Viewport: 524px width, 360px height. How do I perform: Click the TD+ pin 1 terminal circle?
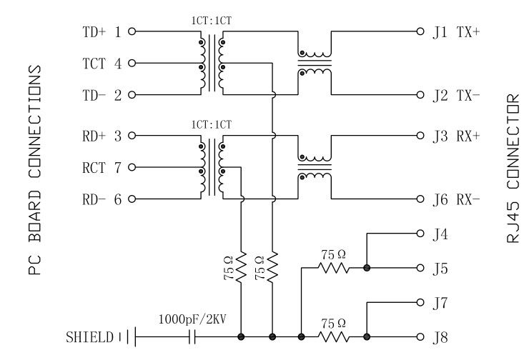[x=131, y=31]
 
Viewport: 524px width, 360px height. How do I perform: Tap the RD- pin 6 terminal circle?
[x=131, y=199]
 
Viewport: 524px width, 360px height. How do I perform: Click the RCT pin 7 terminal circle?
[x=131, y=168]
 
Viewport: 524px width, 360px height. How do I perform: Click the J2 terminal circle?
[x=421, y=94]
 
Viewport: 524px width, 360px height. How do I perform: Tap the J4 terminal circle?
[x=421, y=234]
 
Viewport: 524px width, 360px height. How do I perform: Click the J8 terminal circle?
[x=421, y=336]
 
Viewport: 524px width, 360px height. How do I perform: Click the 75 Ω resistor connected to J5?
[x=334, y=268]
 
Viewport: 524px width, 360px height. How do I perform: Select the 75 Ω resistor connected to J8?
[x=334, y=336]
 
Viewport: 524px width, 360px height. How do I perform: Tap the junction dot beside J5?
[x=367, y=268]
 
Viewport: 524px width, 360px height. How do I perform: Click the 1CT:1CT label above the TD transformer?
[x=212, y=21]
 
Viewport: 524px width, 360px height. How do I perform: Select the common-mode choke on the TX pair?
[x=315, y=62]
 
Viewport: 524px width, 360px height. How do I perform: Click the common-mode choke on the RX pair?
[x=315, y=166]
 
